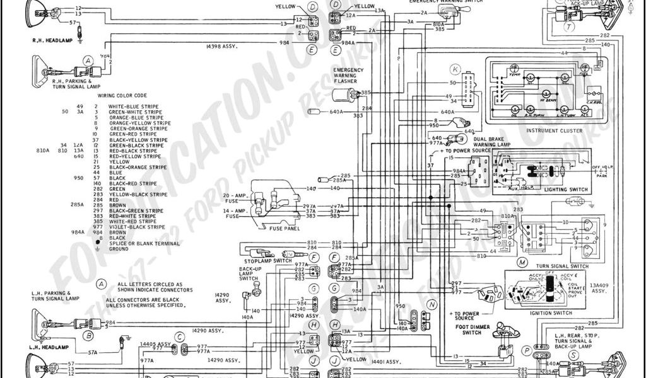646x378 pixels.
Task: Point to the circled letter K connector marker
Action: pos(455,69)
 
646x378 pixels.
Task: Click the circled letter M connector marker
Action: pos(522,261)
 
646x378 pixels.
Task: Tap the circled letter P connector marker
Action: pos(526,349)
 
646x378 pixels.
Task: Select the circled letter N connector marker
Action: pos(432,304)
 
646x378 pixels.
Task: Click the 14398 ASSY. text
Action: pos(221,47)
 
